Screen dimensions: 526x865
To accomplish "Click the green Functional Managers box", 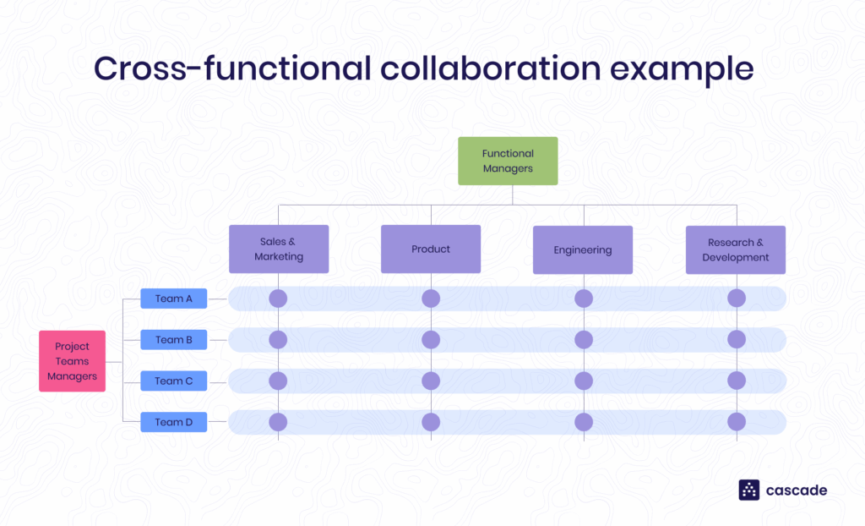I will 508,161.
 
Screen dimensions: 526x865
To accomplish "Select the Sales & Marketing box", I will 279,249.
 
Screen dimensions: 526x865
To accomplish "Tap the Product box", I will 431,249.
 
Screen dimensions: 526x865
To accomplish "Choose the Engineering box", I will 583,249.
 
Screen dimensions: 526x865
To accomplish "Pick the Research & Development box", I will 736,249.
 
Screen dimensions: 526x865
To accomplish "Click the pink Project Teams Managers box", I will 72,361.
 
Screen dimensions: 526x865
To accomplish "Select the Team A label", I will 174,299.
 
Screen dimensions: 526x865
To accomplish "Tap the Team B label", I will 174,340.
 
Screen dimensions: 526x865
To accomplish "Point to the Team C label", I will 174,381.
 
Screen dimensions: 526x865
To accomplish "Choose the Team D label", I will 174,422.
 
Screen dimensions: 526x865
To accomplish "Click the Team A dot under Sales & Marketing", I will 278,299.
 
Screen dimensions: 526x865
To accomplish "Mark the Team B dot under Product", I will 431,340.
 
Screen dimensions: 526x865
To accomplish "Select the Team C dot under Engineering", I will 584,381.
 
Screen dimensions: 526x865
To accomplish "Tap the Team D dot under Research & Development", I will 737,421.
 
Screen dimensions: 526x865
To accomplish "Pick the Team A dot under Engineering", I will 584,299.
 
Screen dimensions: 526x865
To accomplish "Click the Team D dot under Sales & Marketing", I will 278,421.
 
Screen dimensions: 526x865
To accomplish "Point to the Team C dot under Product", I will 431,381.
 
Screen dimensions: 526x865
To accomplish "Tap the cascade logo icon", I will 749,490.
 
